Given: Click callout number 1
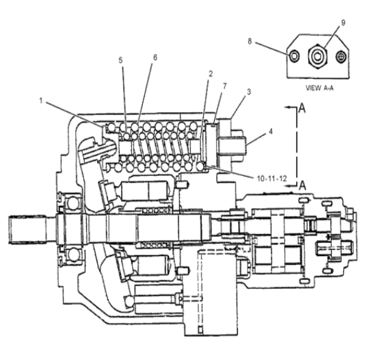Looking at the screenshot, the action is point(41,101).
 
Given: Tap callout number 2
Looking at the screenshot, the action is point(211,74).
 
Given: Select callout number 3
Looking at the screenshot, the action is point(249,92).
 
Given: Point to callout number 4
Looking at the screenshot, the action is point(271,131).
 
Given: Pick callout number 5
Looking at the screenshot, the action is point(121,60).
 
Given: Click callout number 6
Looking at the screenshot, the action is point(155,57).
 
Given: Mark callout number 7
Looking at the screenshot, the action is point(225,86).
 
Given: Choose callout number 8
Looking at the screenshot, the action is point(250,41).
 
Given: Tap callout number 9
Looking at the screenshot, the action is point(343,23).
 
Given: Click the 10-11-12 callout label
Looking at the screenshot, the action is point(271,179).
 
